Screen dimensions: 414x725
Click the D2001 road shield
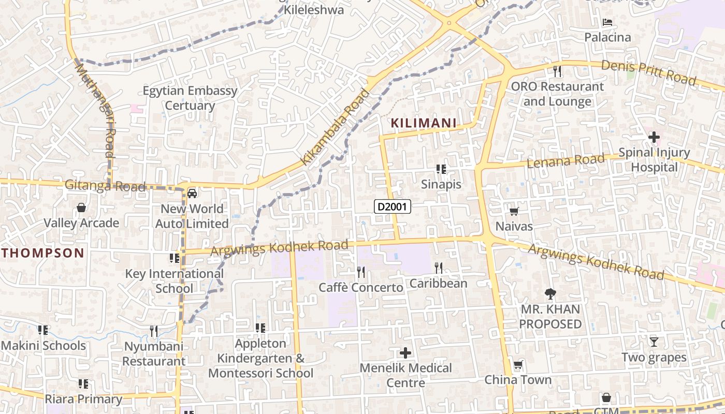(x=393, y=207)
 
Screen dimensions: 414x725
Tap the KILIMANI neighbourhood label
(x=424, y=123)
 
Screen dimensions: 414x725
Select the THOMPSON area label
(x=42, y=253)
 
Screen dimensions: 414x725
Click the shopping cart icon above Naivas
(x=514, y=211)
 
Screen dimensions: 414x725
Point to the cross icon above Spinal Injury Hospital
(x=654, y=137)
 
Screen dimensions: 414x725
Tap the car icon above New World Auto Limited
(x=192, y=193)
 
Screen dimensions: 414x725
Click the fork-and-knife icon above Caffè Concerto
(x=361, y=272)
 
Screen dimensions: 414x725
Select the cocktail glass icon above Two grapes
(x=654, y=342)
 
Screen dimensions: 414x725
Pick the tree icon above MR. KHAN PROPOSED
(x=550, y=294)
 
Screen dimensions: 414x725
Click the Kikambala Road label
(x=336, y=127)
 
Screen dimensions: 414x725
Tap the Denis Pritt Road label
(x=648, y=72)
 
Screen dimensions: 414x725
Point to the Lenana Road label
(x=565, y=161)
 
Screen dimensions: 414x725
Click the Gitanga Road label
(x=105, y=186)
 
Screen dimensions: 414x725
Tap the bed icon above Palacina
(x=607, y=22)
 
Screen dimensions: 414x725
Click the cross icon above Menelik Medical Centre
(x=405, y=353)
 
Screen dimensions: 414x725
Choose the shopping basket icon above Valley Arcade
(x=81, y=208)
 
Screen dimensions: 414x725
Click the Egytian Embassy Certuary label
(x=190, y=98)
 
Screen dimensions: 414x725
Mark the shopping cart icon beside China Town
(x=518, y=365)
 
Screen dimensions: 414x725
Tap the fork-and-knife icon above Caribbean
(x=439, y=268)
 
